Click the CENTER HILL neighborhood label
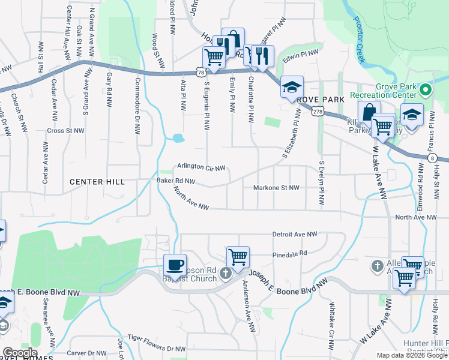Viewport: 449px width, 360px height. click(x=97, y=181)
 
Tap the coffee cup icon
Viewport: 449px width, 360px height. click(x=175, y=265)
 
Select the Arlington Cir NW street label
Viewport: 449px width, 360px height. click(x=200, y=167)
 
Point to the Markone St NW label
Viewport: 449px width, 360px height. click(x=276, y=188)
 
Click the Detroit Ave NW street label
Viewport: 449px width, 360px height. click(x=294, y=234)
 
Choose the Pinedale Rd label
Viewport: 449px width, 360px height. click(x=289, y=253)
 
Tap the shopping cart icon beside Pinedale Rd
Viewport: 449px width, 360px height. click(x=238, y=257)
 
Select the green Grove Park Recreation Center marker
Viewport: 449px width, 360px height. click(x=426, y=91)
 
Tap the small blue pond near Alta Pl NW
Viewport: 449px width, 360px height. click(x=178, y=138)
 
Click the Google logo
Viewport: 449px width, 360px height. click(x=20, y=353)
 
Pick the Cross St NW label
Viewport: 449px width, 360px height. click(x=65, y=130)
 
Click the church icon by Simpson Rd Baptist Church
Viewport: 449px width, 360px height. click(x=226, y=274)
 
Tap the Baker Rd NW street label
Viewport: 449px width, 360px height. click(x=176, y=180)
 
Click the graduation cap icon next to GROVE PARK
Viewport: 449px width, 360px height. click(x=292, y=86)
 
